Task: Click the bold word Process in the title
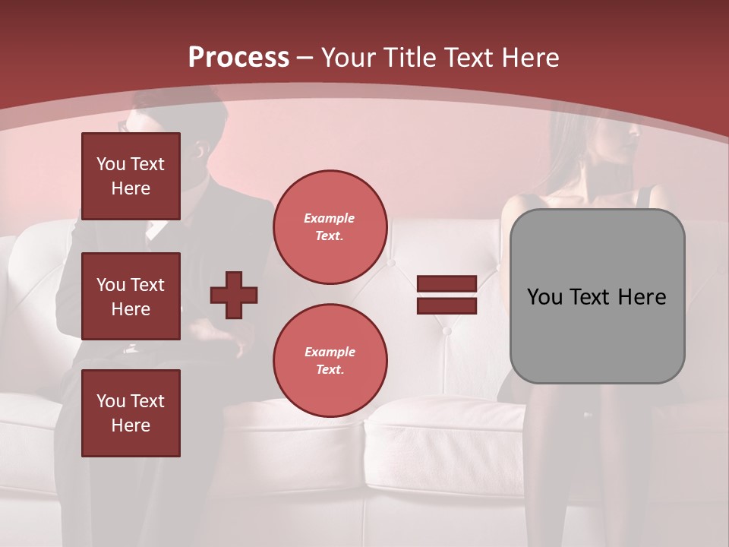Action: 238,58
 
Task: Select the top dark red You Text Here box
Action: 131,176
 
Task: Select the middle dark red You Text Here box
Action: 131,296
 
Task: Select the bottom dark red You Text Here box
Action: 131,413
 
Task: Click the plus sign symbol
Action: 234,295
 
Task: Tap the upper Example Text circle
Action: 330,227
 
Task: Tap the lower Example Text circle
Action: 330,361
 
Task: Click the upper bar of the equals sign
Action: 447,283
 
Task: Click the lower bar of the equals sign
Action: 447,306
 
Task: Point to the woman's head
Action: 607,137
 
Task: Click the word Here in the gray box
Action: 642,297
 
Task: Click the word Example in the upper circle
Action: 329,218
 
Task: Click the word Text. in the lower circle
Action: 330,370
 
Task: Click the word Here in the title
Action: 529,58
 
